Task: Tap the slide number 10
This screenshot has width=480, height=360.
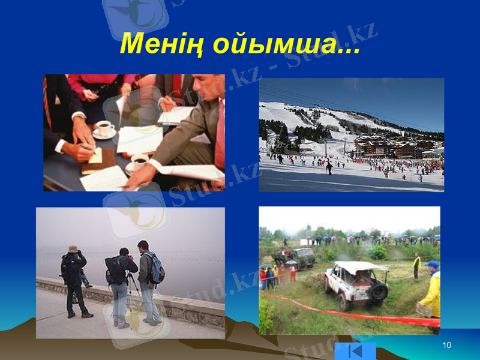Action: click(446, 345)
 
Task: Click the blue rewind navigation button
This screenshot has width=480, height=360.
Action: click(355, 351)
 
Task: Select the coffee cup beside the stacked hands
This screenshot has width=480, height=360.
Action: click(104, 129)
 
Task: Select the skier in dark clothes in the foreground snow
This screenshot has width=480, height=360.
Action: click(329, 169)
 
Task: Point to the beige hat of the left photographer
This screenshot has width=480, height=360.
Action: click(73, 248)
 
